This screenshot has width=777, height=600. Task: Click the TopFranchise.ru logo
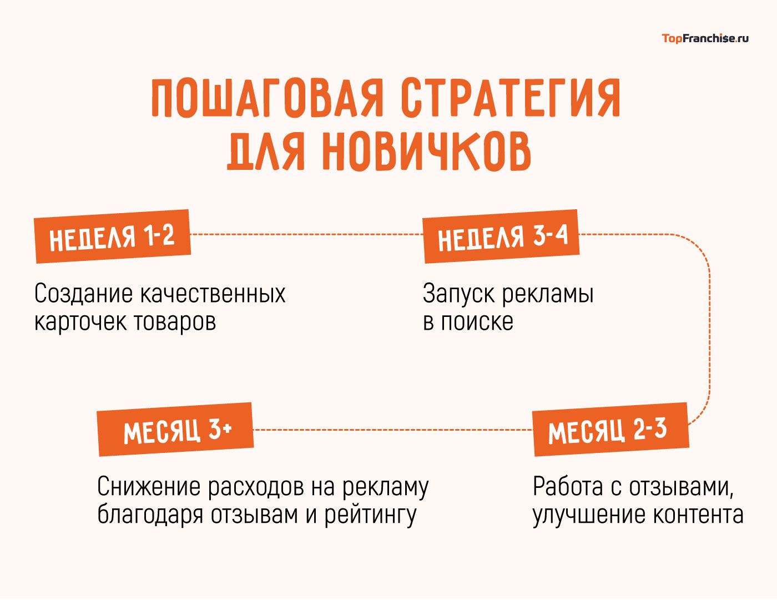coord(705,38)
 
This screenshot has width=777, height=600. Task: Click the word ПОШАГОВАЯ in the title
coord(268,99)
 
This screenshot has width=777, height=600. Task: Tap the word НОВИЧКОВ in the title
coord(426,150)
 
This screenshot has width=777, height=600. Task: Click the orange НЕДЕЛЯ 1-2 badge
coord(112,236)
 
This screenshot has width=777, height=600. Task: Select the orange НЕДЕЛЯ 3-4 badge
coord(502,236)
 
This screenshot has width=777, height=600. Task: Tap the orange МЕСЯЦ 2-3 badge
coord(610,430)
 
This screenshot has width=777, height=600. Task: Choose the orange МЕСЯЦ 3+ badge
coord(175,430)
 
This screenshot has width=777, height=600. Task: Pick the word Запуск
coord(458,294)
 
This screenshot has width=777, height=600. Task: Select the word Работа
coord(568,487)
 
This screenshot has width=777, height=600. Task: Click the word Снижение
coord(148,487)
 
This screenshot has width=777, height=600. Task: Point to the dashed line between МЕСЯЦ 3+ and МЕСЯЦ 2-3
coord(392,430)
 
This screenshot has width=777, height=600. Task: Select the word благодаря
coord(150,516)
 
